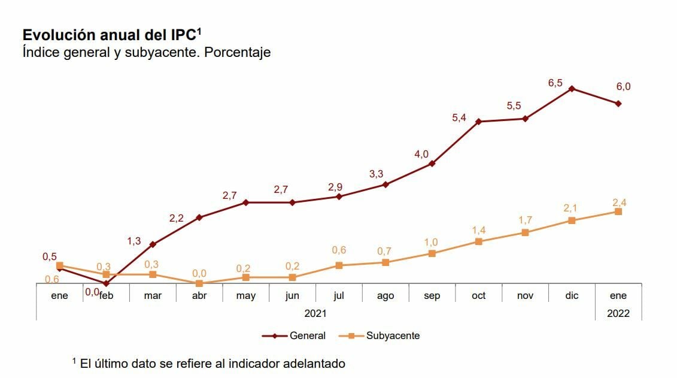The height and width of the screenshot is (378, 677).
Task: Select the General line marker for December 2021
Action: click(572, 89)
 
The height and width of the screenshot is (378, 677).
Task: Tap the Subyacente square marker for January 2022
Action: click(618, 211)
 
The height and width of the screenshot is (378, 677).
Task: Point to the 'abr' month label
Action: click(199, 295)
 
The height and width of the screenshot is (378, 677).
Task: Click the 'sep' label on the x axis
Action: click(432, 295)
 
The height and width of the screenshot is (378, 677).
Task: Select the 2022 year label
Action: click(618, 313)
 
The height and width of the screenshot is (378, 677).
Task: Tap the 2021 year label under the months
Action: click(315, 313)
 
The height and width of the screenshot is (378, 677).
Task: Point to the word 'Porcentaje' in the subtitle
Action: click(237, 52)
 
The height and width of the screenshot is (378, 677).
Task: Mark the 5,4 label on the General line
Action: click(459, 118)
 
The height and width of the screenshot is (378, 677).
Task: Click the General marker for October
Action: click(478, 122)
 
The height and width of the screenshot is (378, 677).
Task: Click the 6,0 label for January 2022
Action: click(623, 86)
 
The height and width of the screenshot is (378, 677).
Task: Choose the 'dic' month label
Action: click(572, 295)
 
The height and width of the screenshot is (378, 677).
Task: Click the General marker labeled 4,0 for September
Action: click(432, 164)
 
